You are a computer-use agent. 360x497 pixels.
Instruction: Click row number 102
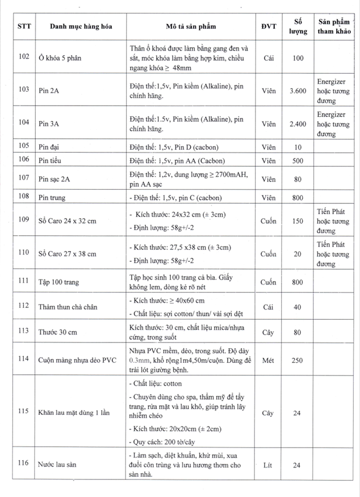pos(23,57)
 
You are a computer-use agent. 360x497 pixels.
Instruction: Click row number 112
pos(23,306)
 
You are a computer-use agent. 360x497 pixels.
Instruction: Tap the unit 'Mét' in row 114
pos(269,360)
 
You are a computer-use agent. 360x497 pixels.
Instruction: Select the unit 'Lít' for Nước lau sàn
pos(269,465)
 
